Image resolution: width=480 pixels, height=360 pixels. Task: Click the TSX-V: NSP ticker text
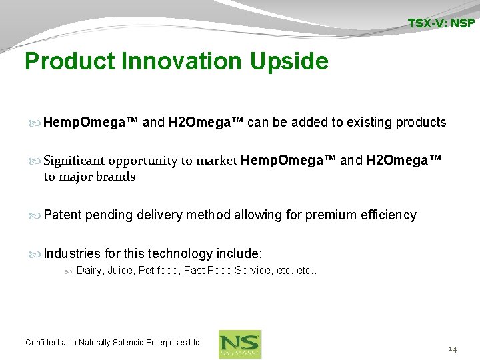click(x=441, y=23)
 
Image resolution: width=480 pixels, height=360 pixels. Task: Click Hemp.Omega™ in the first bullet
click(x=91, y=122)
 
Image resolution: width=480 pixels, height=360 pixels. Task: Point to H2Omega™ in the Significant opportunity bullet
click(x=404, y=161)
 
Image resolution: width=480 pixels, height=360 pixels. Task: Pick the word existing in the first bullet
click(x=365, y=122)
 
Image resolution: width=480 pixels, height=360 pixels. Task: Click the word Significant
click(x=74, y=161)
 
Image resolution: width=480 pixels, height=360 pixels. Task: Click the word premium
click(x=331, y=215)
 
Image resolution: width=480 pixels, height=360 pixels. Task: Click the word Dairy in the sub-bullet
click(x=90, y=271)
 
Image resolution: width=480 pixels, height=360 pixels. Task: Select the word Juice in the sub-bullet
click(x=121, y=271)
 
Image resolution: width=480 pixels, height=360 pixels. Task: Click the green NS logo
click(x=240, y=344)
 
